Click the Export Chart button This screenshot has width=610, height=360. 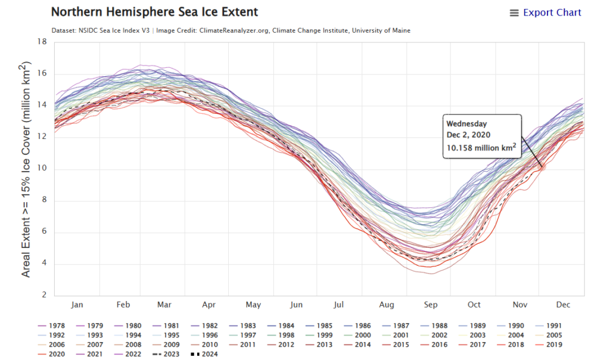pyautogui.click(x=545, y=13)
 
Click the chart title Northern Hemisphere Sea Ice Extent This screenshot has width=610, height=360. pyautogui.click(x=154, y=12)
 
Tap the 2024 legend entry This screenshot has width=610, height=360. pyautogui.click(x=206, y=354)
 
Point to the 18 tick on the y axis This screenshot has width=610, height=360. pyautogui.click(x=42, y=42)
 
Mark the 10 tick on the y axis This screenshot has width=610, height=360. pyautogui.click(x=42, y=169)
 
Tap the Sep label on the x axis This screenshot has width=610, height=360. pyautogui.click(x=430, y=305)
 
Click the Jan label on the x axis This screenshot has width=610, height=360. pyautogui.click(x=77, y=305)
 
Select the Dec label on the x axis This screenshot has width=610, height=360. pyautogui.click(x=563, y=305)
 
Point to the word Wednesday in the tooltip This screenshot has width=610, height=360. pyautogui.click(x=467, y=123)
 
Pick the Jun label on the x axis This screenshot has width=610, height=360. pyautogui.click(x=296, y=305)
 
